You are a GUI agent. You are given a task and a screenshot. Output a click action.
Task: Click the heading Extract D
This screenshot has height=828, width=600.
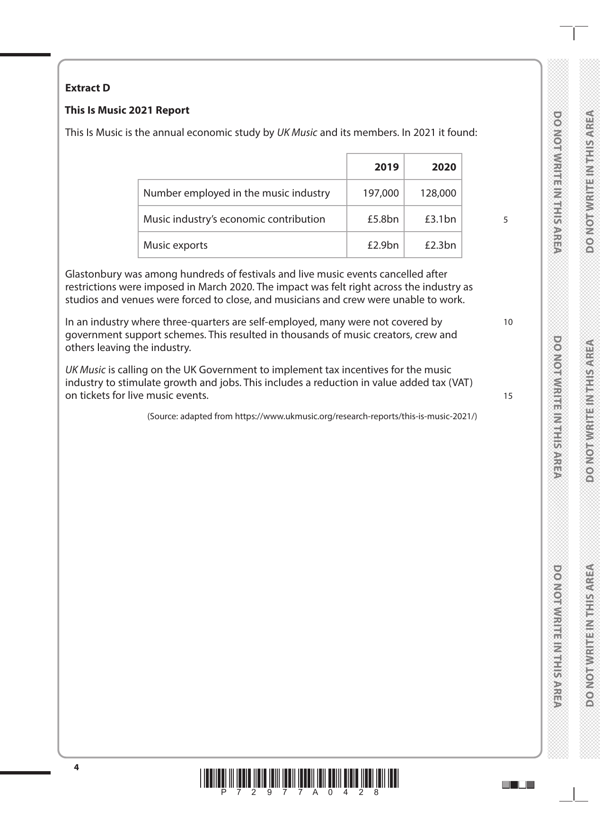88,88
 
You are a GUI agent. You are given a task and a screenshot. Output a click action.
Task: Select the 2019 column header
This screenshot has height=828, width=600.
386,167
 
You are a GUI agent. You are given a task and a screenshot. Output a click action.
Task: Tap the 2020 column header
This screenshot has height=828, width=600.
444,167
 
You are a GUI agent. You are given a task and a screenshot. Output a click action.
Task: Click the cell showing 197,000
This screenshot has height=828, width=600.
381,193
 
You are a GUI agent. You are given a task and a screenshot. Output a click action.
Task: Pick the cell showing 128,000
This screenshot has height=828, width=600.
438,193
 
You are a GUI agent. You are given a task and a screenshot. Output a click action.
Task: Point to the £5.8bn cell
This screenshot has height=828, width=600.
383,219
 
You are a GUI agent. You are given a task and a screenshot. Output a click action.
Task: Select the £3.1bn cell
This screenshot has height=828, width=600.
440,219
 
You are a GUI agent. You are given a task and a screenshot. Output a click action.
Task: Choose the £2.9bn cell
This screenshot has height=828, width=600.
383,245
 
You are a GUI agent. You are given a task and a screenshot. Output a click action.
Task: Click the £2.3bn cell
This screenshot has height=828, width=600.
440,245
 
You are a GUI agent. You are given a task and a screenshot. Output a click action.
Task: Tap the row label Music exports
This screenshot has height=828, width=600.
176,245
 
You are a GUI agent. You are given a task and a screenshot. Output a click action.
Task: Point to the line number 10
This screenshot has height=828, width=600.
508,323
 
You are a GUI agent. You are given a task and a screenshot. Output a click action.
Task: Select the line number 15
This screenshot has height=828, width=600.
508,396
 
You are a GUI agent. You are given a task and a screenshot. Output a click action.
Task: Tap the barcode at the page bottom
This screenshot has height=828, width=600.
300,779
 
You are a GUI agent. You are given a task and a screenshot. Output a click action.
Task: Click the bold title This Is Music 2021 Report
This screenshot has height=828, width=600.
127,110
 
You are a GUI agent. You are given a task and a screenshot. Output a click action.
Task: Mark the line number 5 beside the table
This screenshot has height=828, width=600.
506,220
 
